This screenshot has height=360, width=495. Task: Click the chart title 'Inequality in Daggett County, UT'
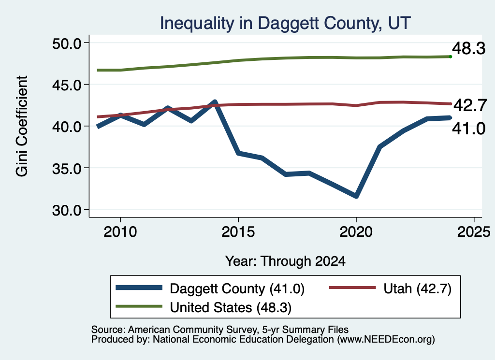coord(285,24)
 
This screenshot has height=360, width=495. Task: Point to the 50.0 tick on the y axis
coord(67,43)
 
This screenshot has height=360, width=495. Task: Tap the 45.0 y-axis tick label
coord(67,85)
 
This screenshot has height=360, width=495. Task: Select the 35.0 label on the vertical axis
coord(67,169)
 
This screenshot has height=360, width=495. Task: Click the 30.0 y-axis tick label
coord(67,210)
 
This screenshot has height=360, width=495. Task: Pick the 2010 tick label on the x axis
coord(120,232)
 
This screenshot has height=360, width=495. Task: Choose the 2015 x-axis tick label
coord(238,232)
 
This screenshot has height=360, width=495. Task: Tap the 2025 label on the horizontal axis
coord(474,232)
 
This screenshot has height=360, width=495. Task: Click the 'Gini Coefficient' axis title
coord(22,126)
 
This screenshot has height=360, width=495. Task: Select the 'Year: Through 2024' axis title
coord(285,261)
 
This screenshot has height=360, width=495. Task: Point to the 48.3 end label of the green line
coord(469,49)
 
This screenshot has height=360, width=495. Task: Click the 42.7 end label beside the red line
coord(470,105)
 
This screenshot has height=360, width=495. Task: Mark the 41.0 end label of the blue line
coord(469,129)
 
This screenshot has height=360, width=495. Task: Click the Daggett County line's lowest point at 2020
coord(356,196)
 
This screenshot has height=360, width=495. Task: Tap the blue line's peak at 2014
coord(215,102)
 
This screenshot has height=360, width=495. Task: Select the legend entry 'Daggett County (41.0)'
coord(210,288)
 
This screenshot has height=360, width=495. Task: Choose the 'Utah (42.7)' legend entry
coord(391,288)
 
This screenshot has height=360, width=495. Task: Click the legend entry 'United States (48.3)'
coord(204,307)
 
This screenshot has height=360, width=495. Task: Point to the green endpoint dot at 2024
coord(451,57)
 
